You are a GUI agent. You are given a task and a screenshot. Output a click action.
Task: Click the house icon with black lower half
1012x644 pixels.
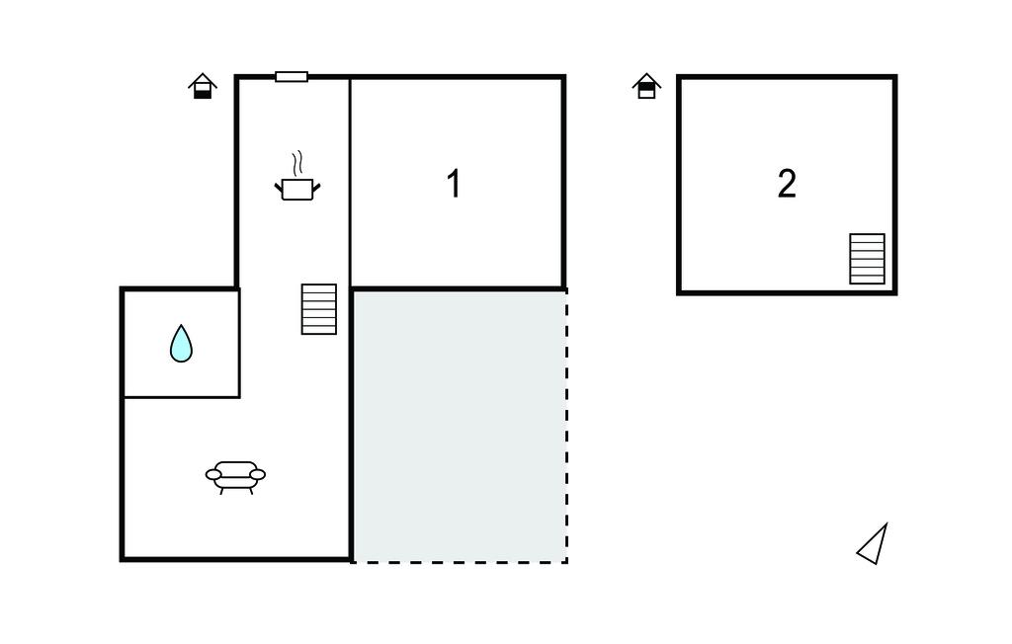click(203, 86)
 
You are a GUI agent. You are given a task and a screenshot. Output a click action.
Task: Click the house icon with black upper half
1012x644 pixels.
click(646, 86)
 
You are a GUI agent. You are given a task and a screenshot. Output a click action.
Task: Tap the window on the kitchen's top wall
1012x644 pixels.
click(292, 77)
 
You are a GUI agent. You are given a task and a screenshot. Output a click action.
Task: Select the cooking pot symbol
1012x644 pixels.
click(297, 189)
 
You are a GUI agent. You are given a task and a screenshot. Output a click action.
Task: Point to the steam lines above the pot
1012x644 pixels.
click(296, 164)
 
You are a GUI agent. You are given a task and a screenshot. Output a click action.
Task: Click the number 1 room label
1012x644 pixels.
click(454, 184)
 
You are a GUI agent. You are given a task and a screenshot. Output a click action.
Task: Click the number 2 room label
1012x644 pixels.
click(787, 184)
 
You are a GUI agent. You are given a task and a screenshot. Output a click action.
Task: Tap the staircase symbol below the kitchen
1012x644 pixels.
click(319, 309)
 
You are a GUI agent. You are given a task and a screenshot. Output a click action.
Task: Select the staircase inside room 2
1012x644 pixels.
click(867, 259)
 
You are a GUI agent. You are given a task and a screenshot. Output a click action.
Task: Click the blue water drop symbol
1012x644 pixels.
click(182, 344)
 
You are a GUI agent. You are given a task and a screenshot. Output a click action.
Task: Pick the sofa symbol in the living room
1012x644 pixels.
click(235, 477)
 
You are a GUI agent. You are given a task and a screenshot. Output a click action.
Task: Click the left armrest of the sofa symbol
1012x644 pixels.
click(213, 475)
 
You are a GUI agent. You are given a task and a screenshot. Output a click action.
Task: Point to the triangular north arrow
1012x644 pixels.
click(874, 544)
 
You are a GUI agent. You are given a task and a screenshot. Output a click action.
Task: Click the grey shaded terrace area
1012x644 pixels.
click(460, 426)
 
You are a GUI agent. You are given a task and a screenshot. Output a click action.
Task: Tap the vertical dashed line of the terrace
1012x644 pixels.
click(566, 426)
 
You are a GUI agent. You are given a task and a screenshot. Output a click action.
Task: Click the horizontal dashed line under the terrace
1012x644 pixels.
click(460, 562)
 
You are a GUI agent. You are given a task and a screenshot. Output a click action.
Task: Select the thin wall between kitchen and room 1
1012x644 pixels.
click(350, 182)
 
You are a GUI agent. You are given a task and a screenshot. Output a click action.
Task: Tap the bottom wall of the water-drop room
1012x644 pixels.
click(182, 397)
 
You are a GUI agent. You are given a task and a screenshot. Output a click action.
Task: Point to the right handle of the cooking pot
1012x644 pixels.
click(316, 188)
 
